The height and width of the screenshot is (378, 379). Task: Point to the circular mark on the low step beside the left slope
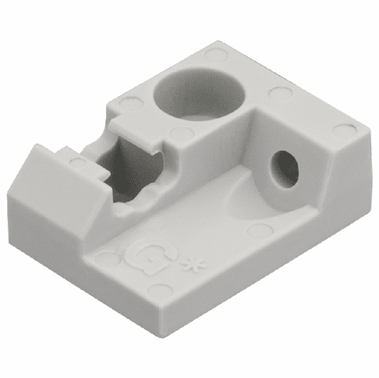pyautogui.click(x=77, y=162)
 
